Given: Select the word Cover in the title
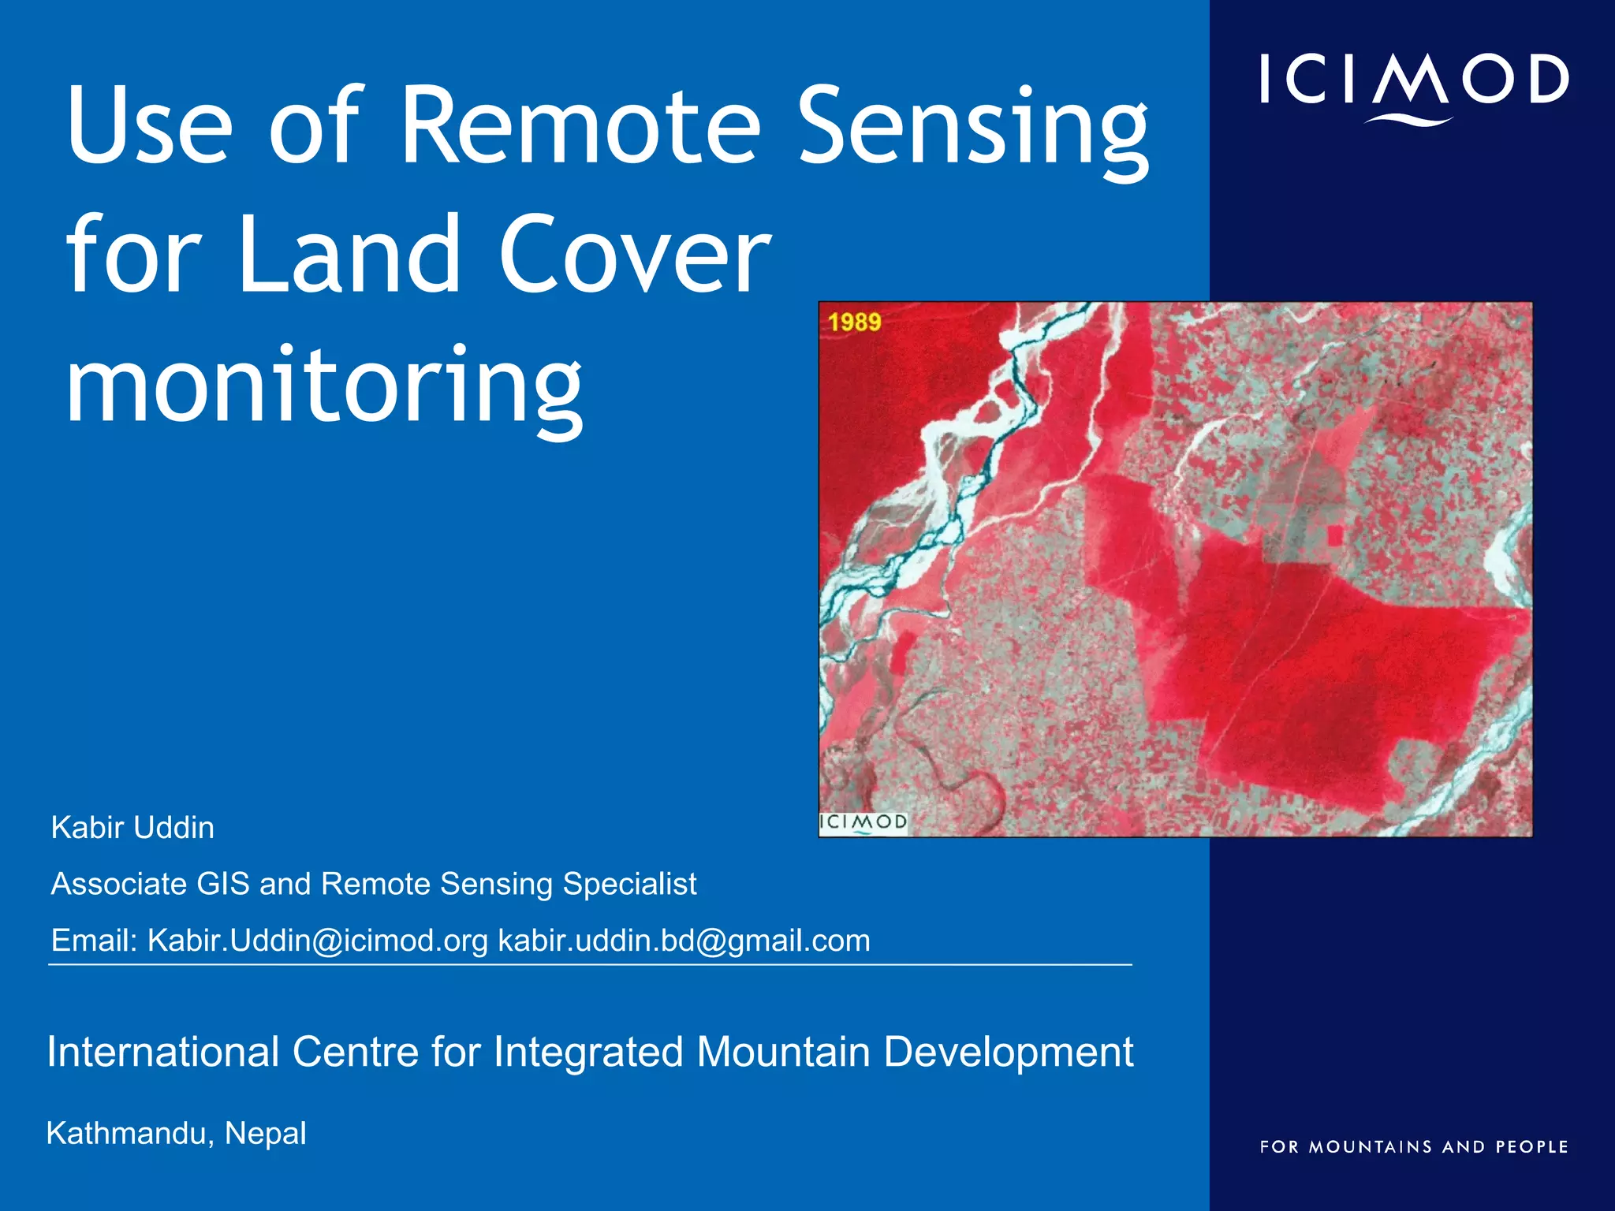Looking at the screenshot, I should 635,255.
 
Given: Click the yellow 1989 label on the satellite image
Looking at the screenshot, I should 854,322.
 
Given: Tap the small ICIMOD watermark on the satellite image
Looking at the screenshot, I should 863,822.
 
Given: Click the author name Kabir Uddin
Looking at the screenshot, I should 132,828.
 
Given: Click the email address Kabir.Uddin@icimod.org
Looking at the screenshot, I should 318,941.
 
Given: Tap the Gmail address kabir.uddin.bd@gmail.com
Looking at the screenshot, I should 684,941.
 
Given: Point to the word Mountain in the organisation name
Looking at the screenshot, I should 782,1052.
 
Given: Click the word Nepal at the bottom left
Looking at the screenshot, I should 265,1134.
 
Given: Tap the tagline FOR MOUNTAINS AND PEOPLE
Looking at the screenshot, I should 1413,1147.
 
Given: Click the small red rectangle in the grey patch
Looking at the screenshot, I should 1334,535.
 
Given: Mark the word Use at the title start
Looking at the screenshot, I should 149,126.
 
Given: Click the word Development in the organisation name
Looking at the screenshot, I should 1008,1052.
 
